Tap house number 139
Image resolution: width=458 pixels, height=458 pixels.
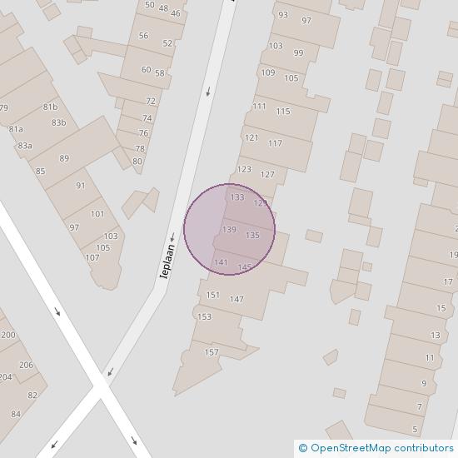230,230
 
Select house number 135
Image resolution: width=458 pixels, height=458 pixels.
252,236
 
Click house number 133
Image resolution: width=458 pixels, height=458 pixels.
237,197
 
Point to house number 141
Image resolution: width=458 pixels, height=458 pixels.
221,262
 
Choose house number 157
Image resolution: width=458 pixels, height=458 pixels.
212,352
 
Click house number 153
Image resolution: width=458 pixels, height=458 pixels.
204,316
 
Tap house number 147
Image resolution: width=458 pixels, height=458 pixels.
236,299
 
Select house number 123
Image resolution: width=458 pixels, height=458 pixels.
244,169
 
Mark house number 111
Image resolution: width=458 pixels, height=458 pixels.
259,106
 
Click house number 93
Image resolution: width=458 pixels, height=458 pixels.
283,15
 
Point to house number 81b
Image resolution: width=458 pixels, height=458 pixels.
51,107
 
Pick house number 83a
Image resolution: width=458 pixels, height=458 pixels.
25,146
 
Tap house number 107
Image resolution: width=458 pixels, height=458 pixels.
92,257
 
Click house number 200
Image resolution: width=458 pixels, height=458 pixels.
8,335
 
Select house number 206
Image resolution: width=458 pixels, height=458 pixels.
26,365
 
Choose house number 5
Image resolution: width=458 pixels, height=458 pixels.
415,430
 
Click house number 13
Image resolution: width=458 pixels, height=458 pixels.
436,335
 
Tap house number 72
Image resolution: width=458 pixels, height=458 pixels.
151,101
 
